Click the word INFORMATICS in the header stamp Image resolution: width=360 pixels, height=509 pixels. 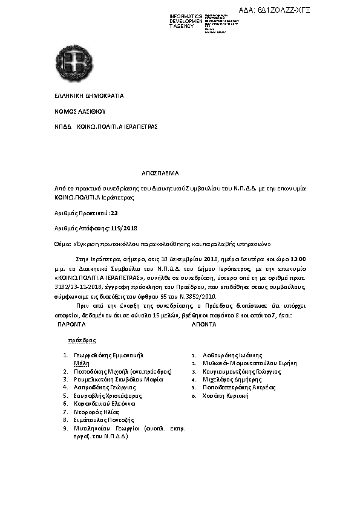tap(186, 16)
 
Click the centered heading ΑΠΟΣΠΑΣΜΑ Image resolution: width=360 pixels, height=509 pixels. tap(160, 173)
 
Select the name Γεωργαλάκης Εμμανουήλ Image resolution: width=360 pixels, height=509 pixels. tap(108, 355)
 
